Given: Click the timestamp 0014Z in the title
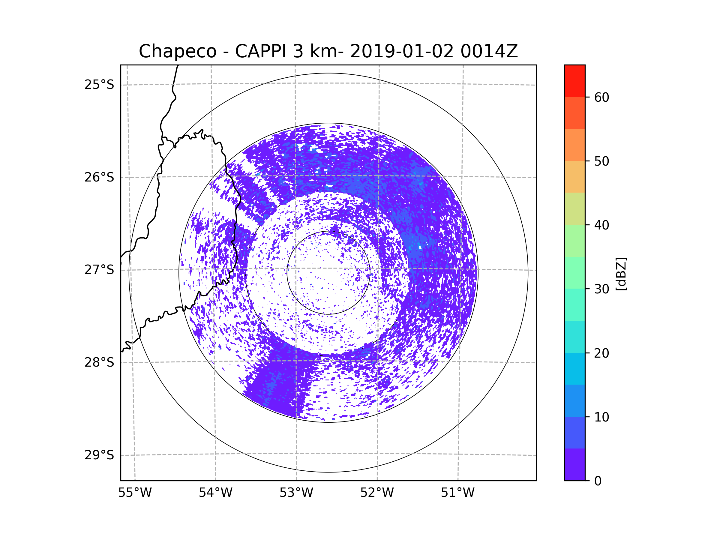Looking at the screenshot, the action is pyautogui.click(x=489, y=51).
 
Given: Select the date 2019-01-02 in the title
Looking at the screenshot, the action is pyautogui.click(x=402, y=51).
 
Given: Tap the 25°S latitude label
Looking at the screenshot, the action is pyautogui.click(x=99, y=85).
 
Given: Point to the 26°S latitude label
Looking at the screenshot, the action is pyautogui.click(x=99, y=177).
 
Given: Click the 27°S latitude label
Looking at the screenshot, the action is pyautogui.click(x=99, y=270).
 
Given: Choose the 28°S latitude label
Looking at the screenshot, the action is pyautogui.click(x=99, y=362).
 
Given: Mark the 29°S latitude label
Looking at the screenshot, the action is pyautogui.click(x=99, y=455).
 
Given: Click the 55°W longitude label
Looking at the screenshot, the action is pyautogui.click(x=135, y=493).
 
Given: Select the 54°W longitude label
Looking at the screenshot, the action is pyautogui.click(x=215, y=493).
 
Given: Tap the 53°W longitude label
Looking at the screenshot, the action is pyautogui.click(x=296, y=493).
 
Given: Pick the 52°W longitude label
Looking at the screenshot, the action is pyautogui.click(x=377, y=493).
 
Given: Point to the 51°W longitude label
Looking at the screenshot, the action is pyautogui.click(x=457, y=493).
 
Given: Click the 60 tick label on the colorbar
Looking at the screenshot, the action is pyautogui.click(x=601, y=97).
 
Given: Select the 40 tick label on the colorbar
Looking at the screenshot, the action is pyautogui.click(x=601, y=225).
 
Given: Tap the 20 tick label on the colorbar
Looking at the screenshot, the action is pyautogui.click(x=601, y=353).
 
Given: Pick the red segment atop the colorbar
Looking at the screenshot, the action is pyautogui.click(x=575, y=81).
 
